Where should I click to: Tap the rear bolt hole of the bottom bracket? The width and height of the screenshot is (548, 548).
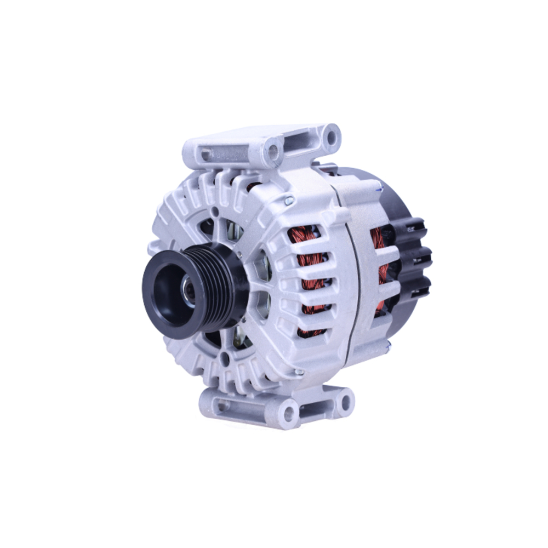click(345, 403)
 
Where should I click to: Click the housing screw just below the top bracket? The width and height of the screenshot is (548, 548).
click(289, 202)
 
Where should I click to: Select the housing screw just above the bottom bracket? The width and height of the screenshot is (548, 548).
click(299, 372)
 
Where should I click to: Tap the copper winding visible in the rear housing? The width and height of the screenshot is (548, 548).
click(378, 241)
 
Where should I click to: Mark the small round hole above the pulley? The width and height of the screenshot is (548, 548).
click(215, 211)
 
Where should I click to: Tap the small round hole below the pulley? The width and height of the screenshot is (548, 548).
click(224, 360)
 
